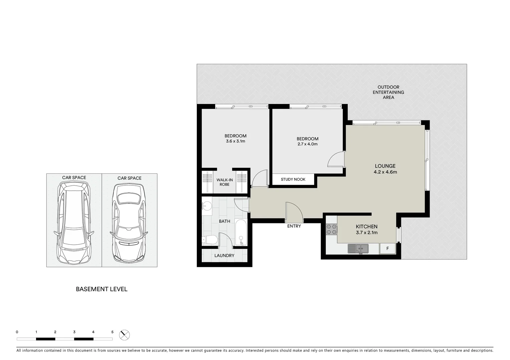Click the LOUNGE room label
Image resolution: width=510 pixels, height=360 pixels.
coord(385,166)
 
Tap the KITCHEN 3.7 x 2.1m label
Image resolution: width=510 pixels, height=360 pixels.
coord(367,229)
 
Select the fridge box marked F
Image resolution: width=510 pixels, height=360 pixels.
coord(388,249)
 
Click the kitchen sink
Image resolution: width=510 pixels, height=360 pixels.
coord(358,249)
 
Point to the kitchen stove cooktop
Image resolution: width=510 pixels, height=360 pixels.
coord(332,229)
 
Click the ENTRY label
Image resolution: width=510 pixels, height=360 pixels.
coord(294,226)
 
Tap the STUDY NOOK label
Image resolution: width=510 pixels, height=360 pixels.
coord(293,179)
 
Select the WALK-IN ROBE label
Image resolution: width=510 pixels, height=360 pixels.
coord(224,182)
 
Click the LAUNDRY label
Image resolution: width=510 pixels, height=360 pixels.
coord(224,256)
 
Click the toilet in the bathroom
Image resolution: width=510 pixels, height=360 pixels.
coord(210,239)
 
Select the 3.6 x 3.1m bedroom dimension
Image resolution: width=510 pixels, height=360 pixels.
coord(235,141)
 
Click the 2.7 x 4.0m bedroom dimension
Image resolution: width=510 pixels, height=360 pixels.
coord(307,144)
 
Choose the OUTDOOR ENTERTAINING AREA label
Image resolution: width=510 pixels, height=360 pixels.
coord(388,92)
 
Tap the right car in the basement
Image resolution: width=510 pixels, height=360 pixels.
coord(129,223)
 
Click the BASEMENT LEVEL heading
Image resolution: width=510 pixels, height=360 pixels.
coord(101,289)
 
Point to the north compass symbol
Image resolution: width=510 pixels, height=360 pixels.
coord(124,335)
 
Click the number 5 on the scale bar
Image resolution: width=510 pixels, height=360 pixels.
coord(112,332)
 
